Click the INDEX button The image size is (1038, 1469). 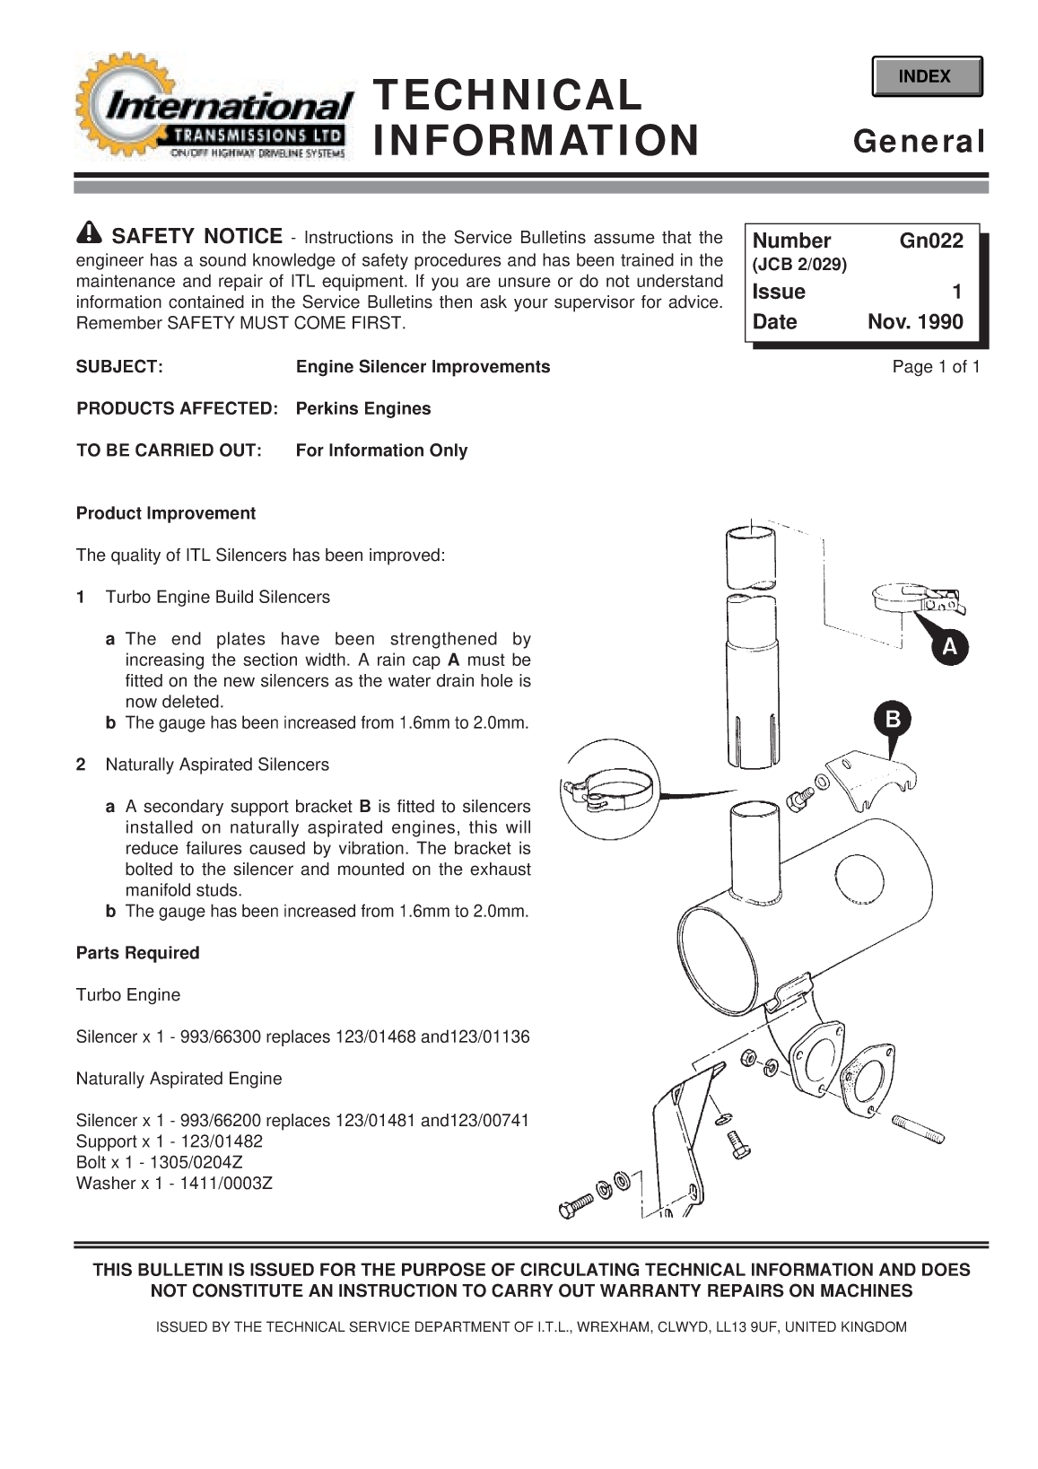[926, 76]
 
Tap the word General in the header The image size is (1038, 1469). [919, 142]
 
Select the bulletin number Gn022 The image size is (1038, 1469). [931, 240]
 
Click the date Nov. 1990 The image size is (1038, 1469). [915, 322]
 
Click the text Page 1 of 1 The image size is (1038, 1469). [936, 366]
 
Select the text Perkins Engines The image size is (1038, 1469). [363, 408]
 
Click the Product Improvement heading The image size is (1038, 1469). [166, 513]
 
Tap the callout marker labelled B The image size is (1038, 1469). [893, 720]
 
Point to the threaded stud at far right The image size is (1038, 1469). [919, 1128]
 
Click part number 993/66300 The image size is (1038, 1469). [221, 1037]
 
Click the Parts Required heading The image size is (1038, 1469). [138, 953]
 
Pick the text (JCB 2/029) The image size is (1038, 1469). [799, 266]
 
